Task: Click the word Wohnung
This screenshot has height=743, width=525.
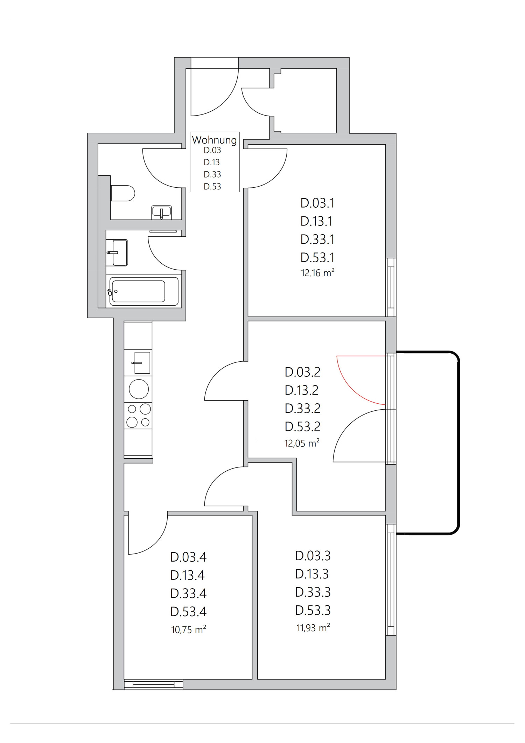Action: (214, 140)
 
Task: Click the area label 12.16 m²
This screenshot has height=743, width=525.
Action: (317, 273)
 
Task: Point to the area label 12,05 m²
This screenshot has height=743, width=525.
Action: (302, 443)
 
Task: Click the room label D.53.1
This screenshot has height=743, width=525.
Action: (317, 258)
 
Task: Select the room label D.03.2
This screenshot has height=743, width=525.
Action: (302, 372)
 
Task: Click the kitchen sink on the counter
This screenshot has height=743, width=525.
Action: (142, 363)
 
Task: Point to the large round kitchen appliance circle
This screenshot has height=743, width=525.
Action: (139, 389)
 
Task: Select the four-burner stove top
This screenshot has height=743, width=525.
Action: (139, 416)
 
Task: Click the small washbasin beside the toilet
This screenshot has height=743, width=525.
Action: (161, 212)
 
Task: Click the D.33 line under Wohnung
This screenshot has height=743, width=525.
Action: (212, 174)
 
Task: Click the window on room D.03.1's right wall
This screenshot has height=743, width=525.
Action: (391, 287)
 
